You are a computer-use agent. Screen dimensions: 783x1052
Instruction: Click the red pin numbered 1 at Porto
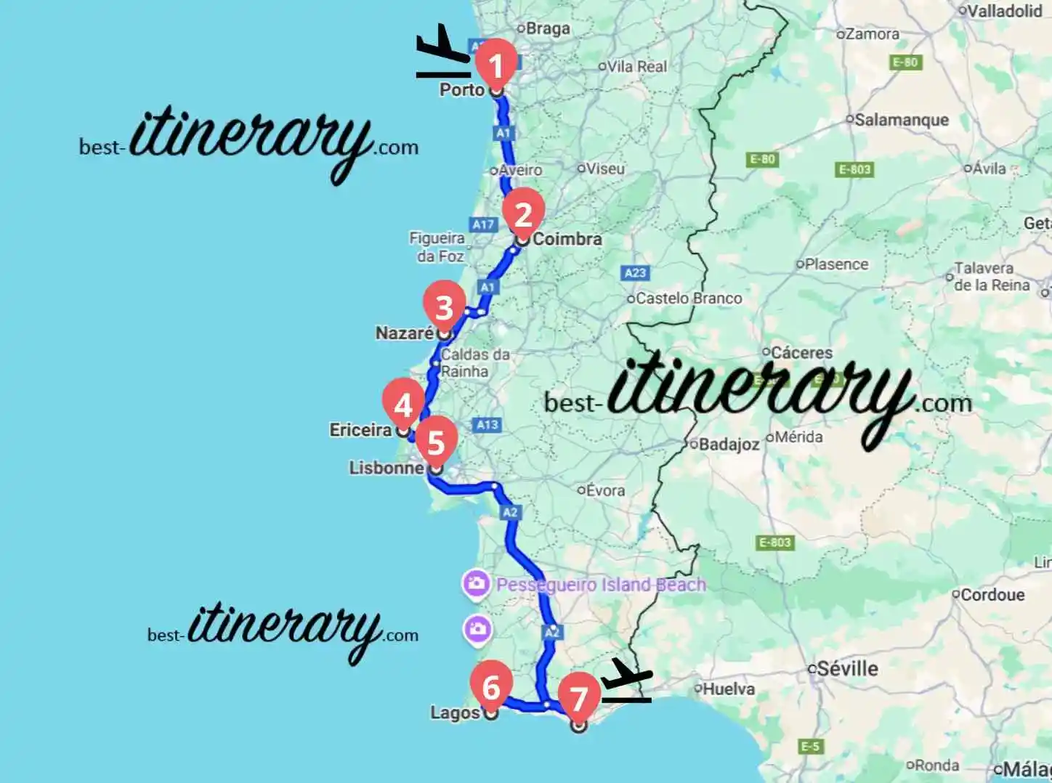[495, 66]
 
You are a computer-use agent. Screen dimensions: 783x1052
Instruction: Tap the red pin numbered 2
[522, 214]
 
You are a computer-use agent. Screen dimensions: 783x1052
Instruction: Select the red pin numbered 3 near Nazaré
[444, 307]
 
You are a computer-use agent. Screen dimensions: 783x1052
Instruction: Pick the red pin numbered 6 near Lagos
[491, 686]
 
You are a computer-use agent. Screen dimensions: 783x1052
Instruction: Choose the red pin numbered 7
[578, 698]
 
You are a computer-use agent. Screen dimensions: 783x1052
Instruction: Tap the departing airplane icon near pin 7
[626, 681]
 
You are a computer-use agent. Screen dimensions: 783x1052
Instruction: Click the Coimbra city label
[567, 239]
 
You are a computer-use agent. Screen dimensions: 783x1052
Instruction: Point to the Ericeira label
[360, 430]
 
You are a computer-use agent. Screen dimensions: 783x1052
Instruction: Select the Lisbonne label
[387, 468]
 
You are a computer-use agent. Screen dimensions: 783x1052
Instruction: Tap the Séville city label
[847, 668]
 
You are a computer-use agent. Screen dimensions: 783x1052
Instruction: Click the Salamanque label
[901, 120]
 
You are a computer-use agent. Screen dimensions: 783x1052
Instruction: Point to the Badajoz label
[729, 445]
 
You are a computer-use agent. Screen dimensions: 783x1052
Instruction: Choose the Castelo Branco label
[689, 299]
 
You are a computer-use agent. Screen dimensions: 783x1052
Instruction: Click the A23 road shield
[635, 273]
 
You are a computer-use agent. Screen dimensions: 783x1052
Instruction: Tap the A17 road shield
[483, 224]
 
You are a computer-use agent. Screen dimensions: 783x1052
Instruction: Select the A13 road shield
[487, 425]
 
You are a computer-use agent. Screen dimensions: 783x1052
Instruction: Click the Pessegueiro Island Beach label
[600, 585]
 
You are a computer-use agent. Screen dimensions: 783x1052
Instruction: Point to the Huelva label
[728, 689]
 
